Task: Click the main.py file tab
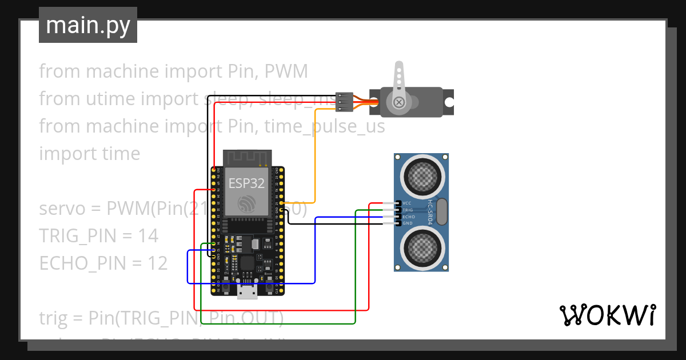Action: (x=87, y=25)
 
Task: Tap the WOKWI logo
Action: (x=607, y=315)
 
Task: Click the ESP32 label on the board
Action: (x=246, y=183)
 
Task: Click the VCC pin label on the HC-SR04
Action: (x=407, y=203)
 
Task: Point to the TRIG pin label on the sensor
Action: (x=408, y=210)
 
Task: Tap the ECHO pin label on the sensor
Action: (x=408, y=217)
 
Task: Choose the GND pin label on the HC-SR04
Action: (x=407, y=223)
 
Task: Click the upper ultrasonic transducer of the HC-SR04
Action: (x=423, y=175)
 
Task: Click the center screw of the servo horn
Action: (x=399, y=102)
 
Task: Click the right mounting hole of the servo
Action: (x=449, y=102)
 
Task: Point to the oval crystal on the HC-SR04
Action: (x=441, y=211)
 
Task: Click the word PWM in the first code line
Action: (x=288, y=71)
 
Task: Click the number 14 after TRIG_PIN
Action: (x=147, y=235)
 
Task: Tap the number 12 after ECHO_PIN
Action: (x=156, y=263)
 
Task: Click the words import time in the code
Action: (x=89, y=154)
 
